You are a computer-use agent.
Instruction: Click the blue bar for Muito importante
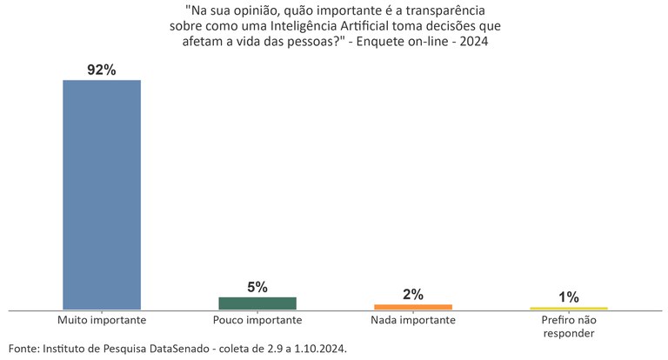pos(101,194)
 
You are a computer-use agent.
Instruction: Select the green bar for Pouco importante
pos(257,303)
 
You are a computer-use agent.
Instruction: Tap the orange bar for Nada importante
pos(413,307)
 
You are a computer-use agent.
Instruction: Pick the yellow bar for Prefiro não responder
pos(569,309)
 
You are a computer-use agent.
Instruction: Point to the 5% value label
pos(257,288)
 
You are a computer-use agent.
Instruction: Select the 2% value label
pos(413,295)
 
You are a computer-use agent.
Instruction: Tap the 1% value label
pos(569,297)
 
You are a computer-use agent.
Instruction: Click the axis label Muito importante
pos(101,320)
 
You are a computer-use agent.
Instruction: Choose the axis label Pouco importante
pos(257,320)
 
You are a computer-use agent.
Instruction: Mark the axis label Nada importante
pos(413,320)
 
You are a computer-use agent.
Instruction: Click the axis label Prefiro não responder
pos(569,326)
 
